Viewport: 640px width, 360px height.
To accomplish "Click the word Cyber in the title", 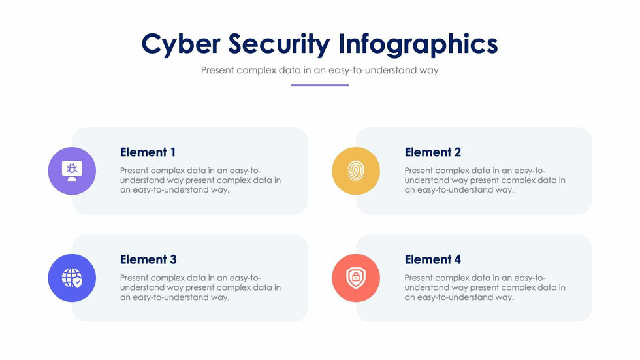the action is click(x=181, y=44).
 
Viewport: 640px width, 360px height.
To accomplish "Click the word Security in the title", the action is click(x=279, y=44).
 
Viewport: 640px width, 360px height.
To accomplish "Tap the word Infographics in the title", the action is click(x=418, y=44).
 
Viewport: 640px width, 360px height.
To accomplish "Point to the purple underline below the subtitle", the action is click(x=319, y=86).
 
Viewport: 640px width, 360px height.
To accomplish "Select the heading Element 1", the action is click(x=148, y=152).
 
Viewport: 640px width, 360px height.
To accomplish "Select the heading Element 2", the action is click(x=432, y=152).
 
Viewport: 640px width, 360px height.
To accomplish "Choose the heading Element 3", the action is click(x=148, y=259).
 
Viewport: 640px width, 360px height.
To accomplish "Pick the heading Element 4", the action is click(x=432, y=259).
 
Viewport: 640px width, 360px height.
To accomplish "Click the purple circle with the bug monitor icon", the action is click(x=72, y=171).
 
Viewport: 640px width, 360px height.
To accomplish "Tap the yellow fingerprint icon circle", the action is click(x=356, y=171).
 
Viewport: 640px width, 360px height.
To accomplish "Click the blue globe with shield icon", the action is click(x=72, y=278).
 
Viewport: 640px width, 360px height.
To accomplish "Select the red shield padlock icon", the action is click(x=356, y=278).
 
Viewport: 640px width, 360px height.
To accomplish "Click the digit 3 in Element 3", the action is click(x=173, y=259).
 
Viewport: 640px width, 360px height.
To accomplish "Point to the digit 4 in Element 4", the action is click(x=458, y=259).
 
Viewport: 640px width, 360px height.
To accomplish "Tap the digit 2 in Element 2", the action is click(x=458, y=152).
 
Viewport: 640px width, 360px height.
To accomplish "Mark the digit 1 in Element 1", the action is click(x=173, y=152).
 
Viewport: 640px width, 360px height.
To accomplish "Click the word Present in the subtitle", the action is click(x=217, y=70).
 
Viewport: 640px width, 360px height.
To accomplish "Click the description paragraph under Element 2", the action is click(x=485, y=180).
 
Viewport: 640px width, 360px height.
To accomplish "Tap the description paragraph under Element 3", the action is click(x=200, y=287).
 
